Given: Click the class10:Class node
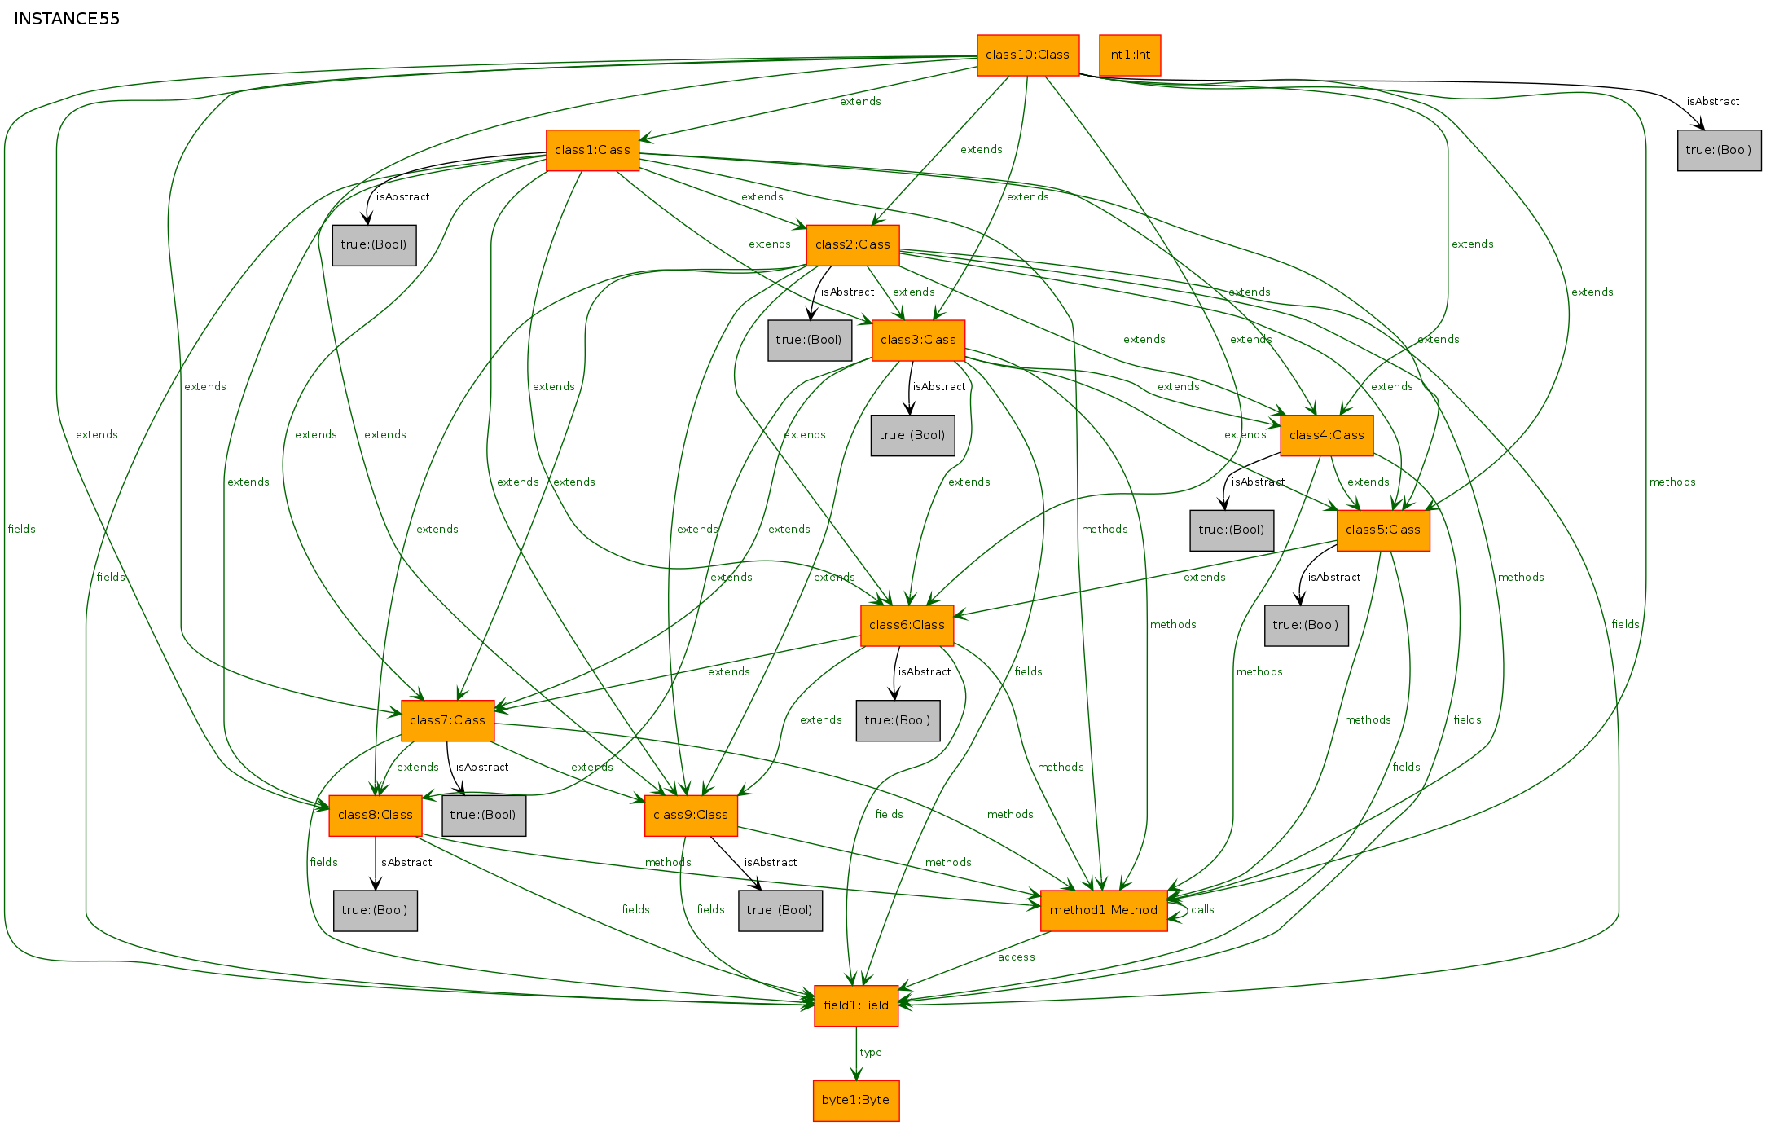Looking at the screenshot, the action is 1028,55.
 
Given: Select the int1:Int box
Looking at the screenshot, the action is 1130,55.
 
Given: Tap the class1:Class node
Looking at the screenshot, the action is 592,150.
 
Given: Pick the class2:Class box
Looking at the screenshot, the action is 853,245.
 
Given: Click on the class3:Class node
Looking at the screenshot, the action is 918,341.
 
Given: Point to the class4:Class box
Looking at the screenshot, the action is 1327,435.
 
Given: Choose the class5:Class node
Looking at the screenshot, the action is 1383,530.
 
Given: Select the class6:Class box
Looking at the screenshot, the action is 907,626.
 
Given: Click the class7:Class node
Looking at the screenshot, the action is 447,721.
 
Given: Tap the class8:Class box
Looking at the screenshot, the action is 376,816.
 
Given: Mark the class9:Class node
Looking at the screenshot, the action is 691,816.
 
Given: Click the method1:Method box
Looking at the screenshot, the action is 1104,911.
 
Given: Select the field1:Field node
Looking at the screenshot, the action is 856,1006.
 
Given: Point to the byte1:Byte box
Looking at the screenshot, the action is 856,1101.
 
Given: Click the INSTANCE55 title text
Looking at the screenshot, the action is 67,19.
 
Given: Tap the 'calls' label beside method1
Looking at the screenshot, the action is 1202,910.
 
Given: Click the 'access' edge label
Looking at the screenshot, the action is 1017,957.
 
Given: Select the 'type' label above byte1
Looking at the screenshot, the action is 871,1053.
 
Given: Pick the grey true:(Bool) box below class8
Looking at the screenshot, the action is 376,911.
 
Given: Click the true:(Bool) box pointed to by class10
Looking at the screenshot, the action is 1720,150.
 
